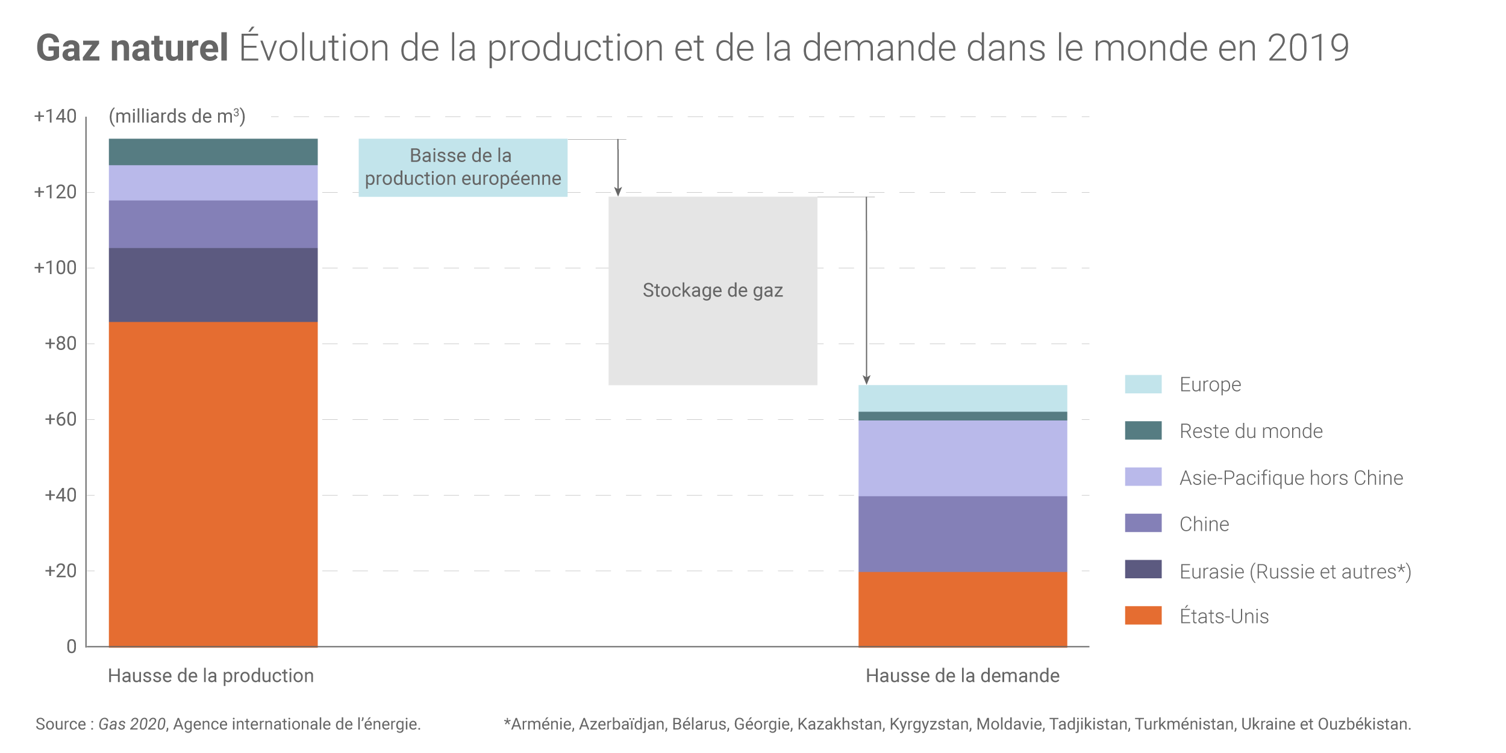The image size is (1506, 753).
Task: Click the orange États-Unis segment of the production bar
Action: [213, 484]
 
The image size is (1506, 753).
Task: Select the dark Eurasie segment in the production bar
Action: [213, 284]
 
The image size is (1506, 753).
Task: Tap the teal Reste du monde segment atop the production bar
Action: [213, 152]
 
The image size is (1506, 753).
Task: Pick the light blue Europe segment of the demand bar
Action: [962, 398]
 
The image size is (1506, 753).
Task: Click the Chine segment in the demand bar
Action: [962, 534]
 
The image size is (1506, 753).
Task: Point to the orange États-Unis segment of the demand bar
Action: [962, 609]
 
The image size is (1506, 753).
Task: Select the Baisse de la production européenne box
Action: [463, 167]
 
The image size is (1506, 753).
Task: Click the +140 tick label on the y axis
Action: [55, 116]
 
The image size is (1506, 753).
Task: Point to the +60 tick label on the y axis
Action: [60, 419]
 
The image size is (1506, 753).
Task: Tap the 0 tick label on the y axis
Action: [71, 647]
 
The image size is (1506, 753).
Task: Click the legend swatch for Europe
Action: [1143, 384]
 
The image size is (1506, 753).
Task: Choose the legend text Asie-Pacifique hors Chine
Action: [1291, 478]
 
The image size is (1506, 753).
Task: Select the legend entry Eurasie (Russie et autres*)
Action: [1295, 571]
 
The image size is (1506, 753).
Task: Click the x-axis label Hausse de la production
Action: [211, 676]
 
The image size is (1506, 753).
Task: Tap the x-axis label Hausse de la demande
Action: [962, 676]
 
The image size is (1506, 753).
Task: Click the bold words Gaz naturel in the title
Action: [133, 48]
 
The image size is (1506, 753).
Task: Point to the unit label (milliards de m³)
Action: [177, 116]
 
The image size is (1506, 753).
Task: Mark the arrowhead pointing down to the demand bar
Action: [866, 380]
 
